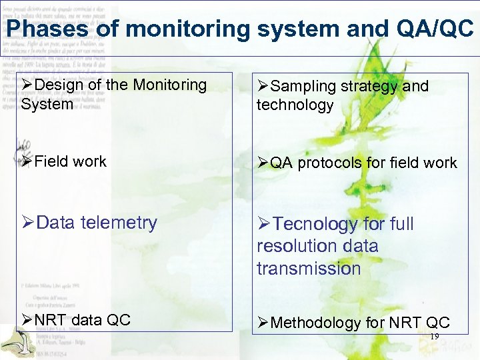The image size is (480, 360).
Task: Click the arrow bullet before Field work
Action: pyautogui.click(x=27, y=161)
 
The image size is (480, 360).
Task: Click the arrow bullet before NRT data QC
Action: pyautogui.click(x=27, y=320)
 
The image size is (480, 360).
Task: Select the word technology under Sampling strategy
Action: pyautogui.click(x=295, y=105)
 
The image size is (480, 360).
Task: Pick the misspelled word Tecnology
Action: pyautogui.click(x=312, y=224)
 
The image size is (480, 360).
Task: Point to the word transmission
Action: pyautogui.click(x=309, y=269)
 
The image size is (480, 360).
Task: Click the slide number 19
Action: pyautogui.click(x=434, y=337)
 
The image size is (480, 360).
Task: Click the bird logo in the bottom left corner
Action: pyautogui.click(x=16, y=343)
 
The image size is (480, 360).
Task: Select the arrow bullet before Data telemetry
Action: pyautogui.click(x=27, y=223)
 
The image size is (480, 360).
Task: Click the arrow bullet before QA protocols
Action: pyautogui.click(x=263, y=163)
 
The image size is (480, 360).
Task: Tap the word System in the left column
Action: pyautogui.click(x=47, y=105)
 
